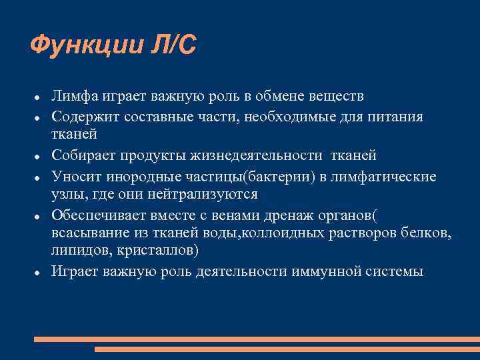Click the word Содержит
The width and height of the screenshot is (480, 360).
(83, 117)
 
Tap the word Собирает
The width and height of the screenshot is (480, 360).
(83, 155)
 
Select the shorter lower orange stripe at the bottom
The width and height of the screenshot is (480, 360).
(287, 349)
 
